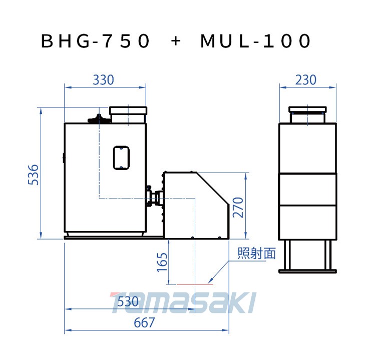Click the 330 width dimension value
pyautogui.click(x=103, y=80)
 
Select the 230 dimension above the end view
pyautogui.click(x=305, y=80)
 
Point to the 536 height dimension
pyautogui.click(x=34, y=175)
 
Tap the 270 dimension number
pyautogui.click(x=238, y=207)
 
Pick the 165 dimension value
pyautogui.click(x=162, y=262)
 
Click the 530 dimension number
pyautogui.click(x=128, y=301)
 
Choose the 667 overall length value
pyautogui.click(x=144, y=322)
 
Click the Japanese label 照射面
pyautogui.click(x=256, y=253)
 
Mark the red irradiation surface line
pyautogui.click(x=195, y=284)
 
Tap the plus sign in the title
pyautogui.click(x=176, y=41)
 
